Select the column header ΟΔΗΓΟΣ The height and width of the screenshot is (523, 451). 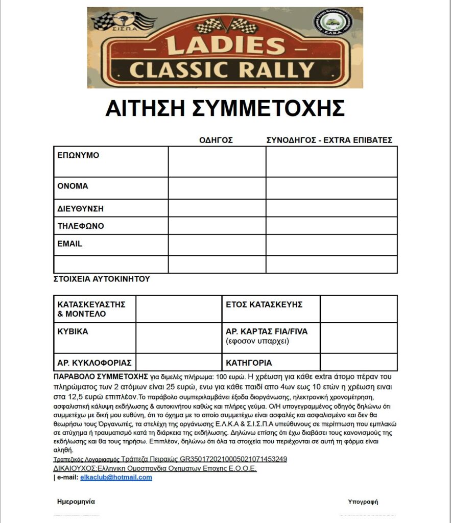[216, 140]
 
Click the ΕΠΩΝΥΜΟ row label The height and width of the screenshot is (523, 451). [78, 155]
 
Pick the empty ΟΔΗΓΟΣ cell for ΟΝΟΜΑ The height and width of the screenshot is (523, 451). [217, 188]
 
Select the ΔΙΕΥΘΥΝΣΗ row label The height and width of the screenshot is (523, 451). [81, 208]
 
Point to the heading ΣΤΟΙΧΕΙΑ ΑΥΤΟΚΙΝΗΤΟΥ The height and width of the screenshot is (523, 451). [102, 279]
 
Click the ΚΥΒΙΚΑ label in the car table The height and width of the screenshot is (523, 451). [73, 331]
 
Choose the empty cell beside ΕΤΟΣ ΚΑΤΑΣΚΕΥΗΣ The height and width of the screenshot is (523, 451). [359, 308]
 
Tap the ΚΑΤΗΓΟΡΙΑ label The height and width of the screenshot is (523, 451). [249, 363]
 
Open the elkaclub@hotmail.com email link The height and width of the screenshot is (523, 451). [116, 478]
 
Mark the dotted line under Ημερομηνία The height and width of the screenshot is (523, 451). [76, 514]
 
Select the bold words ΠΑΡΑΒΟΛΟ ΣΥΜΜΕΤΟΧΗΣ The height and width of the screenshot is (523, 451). [101, 376]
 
